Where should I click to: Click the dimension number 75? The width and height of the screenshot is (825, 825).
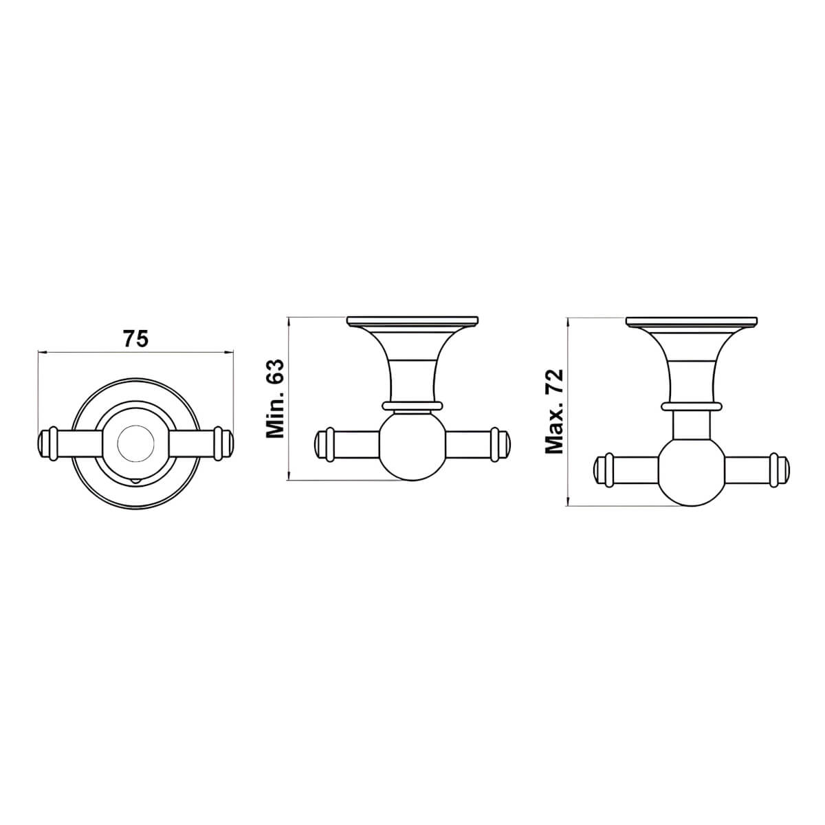[x=135, y=338]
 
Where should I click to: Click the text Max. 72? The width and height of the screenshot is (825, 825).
[x=554, y=411]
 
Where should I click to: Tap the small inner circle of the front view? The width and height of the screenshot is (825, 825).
[x=135, y=443]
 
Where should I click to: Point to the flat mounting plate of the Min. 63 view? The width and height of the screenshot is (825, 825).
[x=412, y=320]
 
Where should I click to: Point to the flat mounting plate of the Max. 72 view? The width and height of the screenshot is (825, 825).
[x=691, y=320]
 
